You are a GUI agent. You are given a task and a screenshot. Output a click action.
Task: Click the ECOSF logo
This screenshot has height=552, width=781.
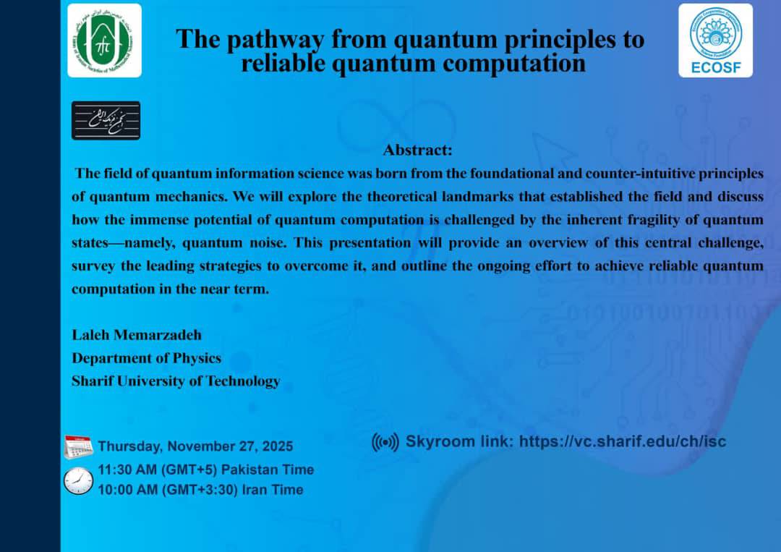pyautogui.click(x=715, y=41)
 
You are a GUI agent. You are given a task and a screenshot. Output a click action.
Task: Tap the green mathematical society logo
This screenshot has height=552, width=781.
pyautogui.click(x=104, y=41)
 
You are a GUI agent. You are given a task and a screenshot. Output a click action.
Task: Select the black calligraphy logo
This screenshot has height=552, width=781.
pyautogui.click(x=106, y=121)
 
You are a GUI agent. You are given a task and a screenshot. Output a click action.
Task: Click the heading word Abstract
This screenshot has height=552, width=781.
pyautogui.click(x=417, y=150)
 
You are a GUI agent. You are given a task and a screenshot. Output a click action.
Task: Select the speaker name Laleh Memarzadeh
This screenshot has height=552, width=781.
pyautogui.click(x=137, y=335)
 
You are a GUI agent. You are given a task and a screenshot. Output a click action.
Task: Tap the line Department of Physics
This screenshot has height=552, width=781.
pyautogui.click(x=146, y=358)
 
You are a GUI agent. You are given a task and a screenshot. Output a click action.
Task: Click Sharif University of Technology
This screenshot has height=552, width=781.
pyautogui.click(x=176, y=381)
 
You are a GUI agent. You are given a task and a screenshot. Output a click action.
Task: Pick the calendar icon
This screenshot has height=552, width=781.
pyautogui.click(x=78, y=447)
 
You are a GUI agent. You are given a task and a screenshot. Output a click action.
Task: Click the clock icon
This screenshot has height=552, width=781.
pyautogui.click(x=78, y=481)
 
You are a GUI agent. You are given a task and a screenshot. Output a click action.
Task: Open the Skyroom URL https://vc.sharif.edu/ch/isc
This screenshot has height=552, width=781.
pyautogui.click(x=623, y=441)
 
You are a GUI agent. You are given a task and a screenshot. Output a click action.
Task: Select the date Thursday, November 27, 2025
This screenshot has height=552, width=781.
pyautogui.click(x=195, y=446)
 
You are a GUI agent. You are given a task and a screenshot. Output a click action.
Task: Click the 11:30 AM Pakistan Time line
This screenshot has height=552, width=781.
pyautogui.click(x=205, y=470)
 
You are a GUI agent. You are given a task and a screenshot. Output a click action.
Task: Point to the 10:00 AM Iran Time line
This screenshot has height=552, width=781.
pyautogui.click(x=201, y=490)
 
